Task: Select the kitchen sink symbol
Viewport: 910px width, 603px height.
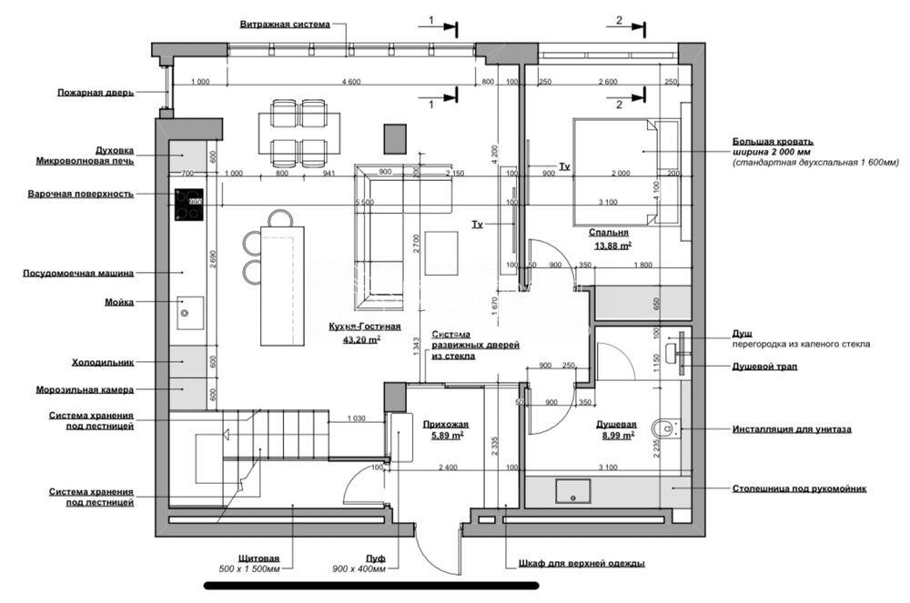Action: (189, 312)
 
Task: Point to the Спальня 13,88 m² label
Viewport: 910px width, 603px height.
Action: (614, 238)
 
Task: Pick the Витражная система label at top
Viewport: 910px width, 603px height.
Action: (285, 25)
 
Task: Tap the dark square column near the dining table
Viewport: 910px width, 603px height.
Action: (395, 139)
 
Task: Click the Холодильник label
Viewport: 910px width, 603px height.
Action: (103, 362)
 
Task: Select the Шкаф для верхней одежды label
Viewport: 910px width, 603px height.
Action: (581, 563)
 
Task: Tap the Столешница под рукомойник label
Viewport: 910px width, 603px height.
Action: (799, 488)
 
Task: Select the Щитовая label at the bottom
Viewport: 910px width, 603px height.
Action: (258, 558)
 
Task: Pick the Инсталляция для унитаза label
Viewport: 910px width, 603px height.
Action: (792, 428)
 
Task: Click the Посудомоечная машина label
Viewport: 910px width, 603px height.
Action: (78, 272)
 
